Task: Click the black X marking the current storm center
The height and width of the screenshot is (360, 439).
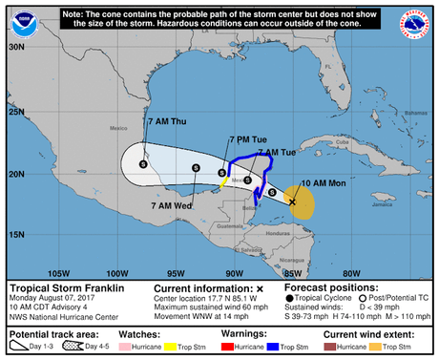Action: pos(292,202)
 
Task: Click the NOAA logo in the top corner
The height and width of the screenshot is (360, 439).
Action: pos(20,20)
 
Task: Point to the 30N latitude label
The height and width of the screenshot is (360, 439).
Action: pos(15,46)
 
